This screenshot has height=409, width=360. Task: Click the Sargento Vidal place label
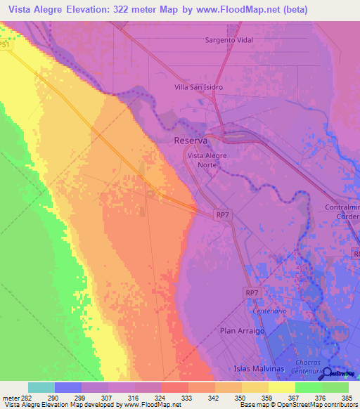[229, 40]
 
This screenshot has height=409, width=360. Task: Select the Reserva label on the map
[190, 141]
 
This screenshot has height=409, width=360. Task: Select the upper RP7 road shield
[223, 214]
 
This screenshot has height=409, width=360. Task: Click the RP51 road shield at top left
[4, 44]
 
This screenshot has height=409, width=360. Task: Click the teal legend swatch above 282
[41, 387]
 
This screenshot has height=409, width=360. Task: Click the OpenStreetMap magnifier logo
[328, 375]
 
